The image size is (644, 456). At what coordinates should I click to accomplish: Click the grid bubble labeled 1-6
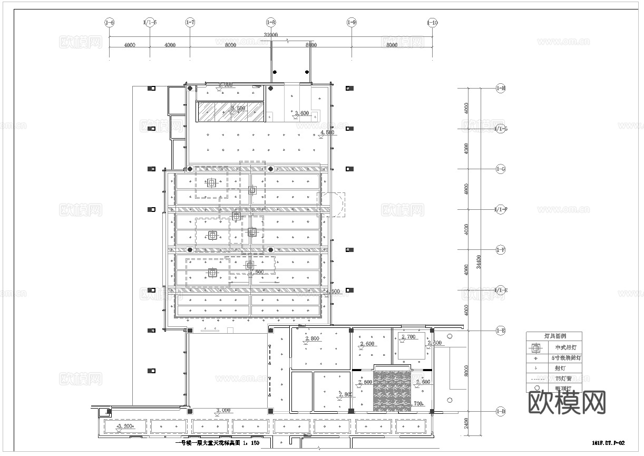coord(109,23)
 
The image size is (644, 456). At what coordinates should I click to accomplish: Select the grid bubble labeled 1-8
coord(271,23)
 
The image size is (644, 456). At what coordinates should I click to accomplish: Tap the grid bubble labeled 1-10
coord(432,23)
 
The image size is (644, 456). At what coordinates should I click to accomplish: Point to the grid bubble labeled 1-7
coord(190,23)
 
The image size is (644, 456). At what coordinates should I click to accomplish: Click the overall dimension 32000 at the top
coord(270,35)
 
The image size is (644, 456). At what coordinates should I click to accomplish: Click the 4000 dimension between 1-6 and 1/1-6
coord(130,45)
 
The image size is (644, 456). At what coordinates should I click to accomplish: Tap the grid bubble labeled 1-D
coord(501,411)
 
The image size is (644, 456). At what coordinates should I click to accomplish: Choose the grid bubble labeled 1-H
coord(501,89)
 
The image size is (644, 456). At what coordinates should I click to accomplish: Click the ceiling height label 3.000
coord(223,410)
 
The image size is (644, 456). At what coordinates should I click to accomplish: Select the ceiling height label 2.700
coord(408,336)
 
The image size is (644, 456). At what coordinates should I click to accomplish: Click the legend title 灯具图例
coord(553,336)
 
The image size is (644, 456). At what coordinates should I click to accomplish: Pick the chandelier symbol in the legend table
coord(536,348)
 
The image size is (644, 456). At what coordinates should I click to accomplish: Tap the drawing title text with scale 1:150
coord(217,443)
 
